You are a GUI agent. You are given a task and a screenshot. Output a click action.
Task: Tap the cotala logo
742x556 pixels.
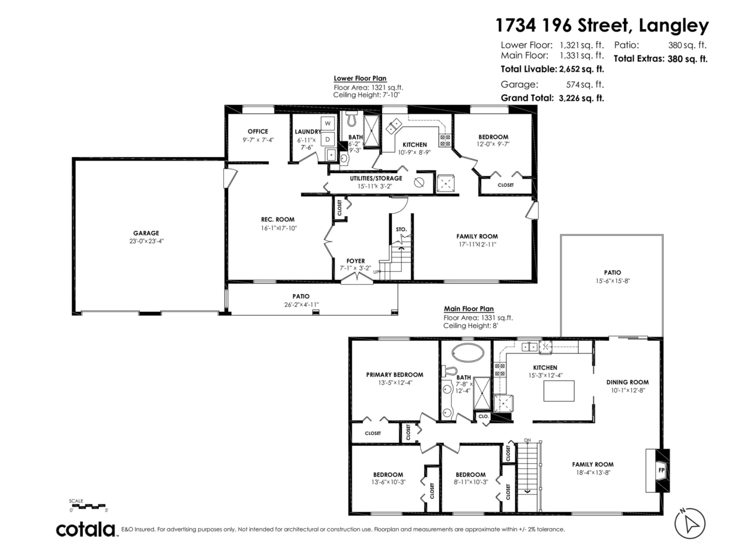pyautogui.click(x=86, y=529)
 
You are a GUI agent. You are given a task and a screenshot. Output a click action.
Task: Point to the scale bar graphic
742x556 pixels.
pyautogui.click(x=89, y=507)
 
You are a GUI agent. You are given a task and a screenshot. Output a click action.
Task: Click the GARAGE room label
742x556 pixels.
pyautogui.click(x=147, y=233)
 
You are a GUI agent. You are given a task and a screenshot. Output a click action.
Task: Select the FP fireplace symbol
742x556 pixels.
pyautogui.click(x=660, y=470)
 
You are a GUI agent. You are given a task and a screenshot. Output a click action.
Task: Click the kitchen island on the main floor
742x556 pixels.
pyautogui.click(x=558, y=391)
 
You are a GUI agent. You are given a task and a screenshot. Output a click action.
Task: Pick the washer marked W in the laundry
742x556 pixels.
pyautogui.click(x=328, y=122)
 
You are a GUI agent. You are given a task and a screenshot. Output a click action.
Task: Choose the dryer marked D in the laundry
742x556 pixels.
pyautogui.click(x=328, y=138)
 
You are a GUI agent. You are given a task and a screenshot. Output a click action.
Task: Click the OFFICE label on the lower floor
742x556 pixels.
pyautogui.click(x=257, y=131)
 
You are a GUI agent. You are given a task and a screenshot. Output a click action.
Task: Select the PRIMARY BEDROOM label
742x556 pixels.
pyautogui.click(x=394, y=374)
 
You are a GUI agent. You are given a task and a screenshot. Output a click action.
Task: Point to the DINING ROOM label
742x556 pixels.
pyautogui.click(x=627, y=382)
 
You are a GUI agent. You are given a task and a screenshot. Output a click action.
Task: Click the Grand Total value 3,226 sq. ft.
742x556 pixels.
pyautogui.click(x=581, y=98)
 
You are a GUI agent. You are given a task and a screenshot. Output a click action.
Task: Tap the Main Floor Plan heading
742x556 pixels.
pyautogui.click(x=469, y=309)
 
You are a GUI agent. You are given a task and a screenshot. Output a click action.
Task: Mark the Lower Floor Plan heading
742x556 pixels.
pyautogui.click(x=360, y=78)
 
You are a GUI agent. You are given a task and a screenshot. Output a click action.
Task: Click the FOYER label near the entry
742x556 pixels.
pyautogui.click(x=356, y=261)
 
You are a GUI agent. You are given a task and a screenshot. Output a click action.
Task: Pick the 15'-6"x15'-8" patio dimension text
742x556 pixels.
pyautogui.click(x=612, y=280)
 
